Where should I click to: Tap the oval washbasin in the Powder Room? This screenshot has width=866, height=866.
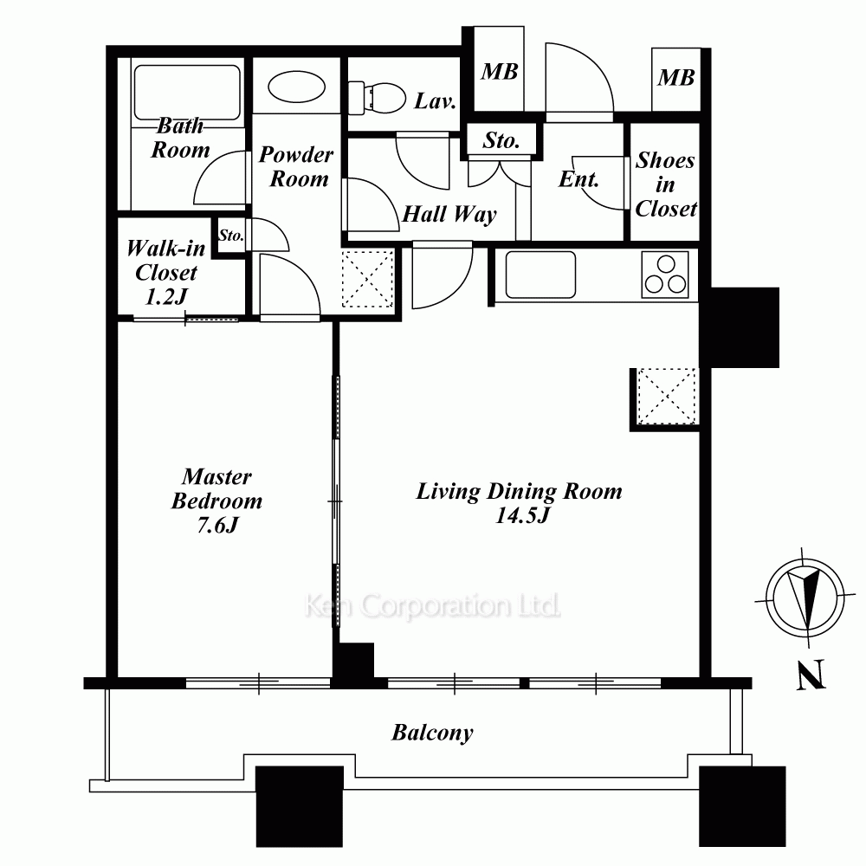point(296,87)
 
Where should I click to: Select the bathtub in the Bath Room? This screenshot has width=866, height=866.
point(187,93)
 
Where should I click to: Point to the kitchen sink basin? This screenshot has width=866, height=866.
point(540,275)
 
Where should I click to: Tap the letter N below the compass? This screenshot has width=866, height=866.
point(811,675)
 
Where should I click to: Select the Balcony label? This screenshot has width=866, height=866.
point(432,734)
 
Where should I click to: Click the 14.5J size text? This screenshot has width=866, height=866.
point(522,515)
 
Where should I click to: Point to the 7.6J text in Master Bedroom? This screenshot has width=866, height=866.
point(217,525)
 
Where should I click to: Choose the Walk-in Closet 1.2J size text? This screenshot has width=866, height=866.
point(166,296)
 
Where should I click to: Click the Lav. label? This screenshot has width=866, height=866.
point(436,101)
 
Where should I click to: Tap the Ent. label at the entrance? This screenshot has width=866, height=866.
point(578,179)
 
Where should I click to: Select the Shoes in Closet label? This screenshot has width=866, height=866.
point(665,184)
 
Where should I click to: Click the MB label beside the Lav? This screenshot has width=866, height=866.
point(500,72)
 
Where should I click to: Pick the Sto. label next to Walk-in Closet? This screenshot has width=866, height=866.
point(231,236)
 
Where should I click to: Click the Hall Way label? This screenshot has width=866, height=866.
point(449,214)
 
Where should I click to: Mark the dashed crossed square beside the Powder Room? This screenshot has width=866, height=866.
point(368,278)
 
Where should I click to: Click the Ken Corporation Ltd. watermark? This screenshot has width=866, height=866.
point(432,606)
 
